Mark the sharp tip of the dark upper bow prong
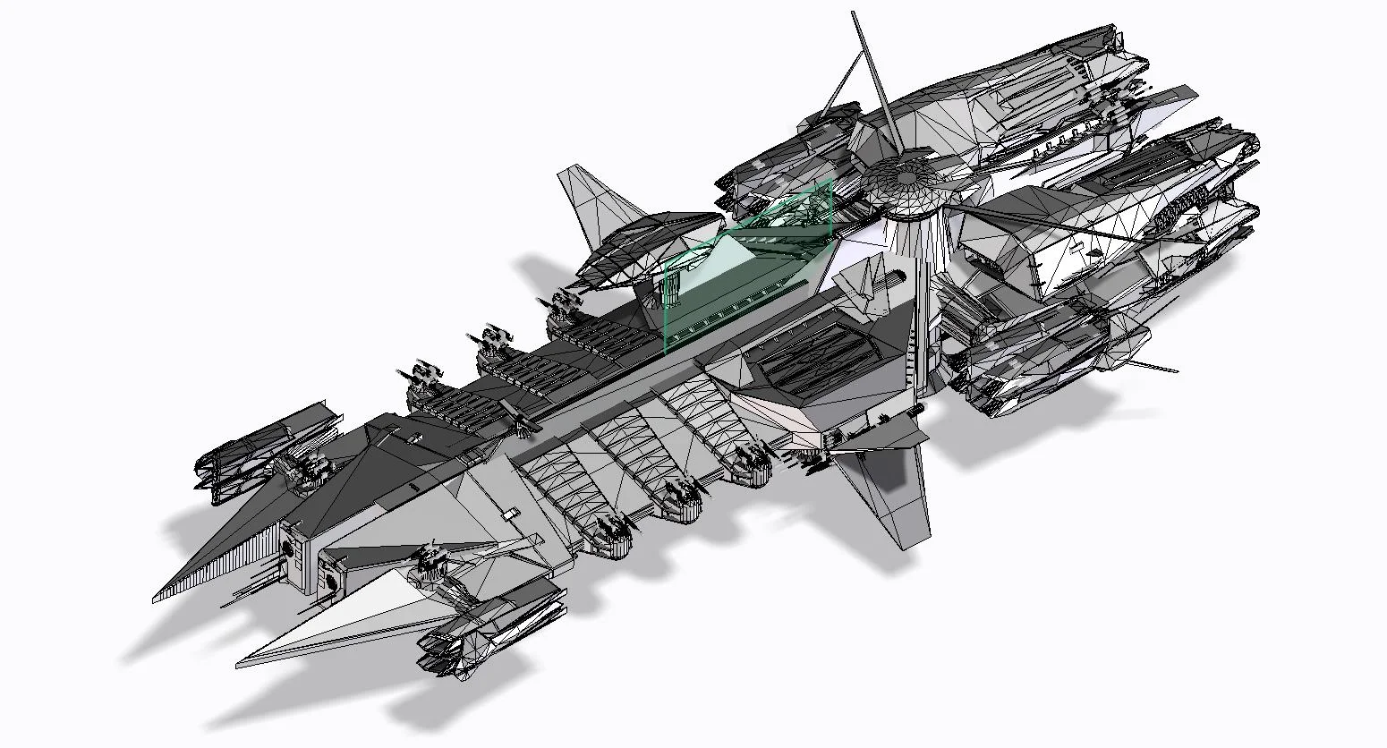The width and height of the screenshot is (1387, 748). click(x=159, y=598)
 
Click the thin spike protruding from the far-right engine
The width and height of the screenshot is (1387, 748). click(x=1159, y=366)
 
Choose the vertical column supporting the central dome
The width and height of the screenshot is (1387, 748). click(x=916, y=304)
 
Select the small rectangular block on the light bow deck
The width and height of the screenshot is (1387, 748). click(x=509, y=514)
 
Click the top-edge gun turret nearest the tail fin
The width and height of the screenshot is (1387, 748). click(x=565, y=304)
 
